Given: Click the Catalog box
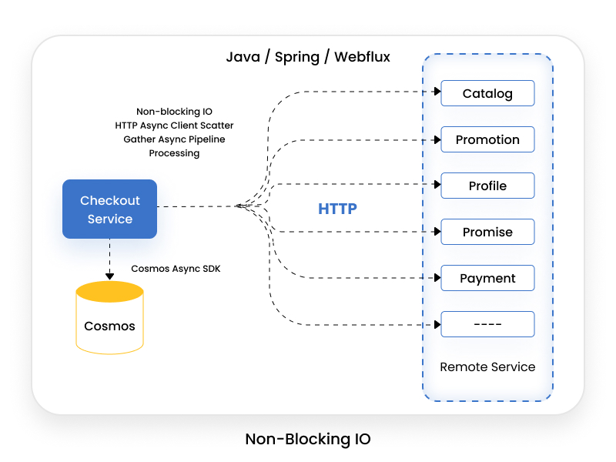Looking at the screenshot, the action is pos(487,93).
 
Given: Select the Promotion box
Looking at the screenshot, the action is pos(487,139).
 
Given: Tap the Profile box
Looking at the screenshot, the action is pos(487,186).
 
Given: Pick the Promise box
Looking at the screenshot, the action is pos(487,232).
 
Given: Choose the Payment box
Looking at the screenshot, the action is pos(487,278).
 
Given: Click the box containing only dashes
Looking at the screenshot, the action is pos(487,324).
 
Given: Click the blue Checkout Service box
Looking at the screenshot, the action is pos(109,209).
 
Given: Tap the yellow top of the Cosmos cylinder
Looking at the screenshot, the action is pos(109,292).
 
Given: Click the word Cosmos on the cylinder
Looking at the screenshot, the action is pos(109,326).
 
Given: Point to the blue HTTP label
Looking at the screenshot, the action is pos(337,209).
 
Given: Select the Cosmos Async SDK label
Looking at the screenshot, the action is pos(176,269).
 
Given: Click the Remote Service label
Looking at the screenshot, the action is pos(487,367).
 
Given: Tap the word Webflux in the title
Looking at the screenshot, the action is pos(362,57).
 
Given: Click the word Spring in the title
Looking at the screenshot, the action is pos(297,58).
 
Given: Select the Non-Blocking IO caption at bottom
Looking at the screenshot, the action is pos(308,439).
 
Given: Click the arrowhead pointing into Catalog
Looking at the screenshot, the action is pos(437,92).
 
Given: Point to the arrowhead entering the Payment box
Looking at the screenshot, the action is pos(437,278).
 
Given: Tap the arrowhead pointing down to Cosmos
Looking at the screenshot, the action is pos(109,276).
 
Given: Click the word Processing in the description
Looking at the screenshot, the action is pos(174,153).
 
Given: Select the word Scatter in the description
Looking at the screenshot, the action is pos(217,126).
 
